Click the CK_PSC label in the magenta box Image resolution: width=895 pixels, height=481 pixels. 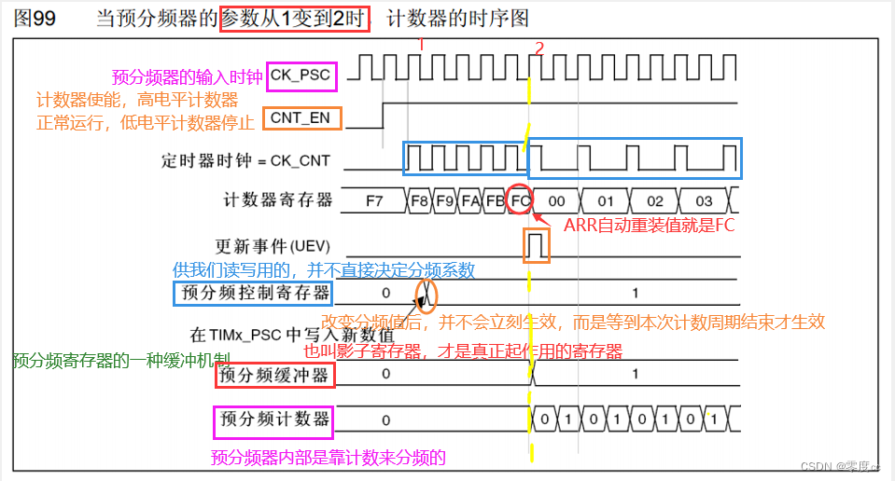click(x=300, y=76)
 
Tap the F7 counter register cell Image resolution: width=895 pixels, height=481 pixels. click(x=374, y=200)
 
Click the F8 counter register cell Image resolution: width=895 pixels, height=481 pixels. click(x=419, y=200)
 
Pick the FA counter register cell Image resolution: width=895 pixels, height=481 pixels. click(x=470, y=200)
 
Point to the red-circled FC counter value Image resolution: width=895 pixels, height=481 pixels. click(x=521, y=200)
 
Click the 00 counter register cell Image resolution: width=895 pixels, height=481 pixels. click(x=556, y=200)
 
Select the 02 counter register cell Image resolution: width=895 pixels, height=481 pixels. click(x=655, y=200)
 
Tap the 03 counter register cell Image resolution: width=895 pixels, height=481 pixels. click(x=704, y=200)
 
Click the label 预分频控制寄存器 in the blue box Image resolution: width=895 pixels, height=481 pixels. click(x=254, y=294)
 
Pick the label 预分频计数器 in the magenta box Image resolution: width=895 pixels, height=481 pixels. click(x=273, y=420)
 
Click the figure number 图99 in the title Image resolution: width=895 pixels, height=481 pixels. click(x=35, y=20)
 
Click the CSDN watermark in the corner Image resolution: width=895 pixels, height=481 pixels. click(x=832, y=465)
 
